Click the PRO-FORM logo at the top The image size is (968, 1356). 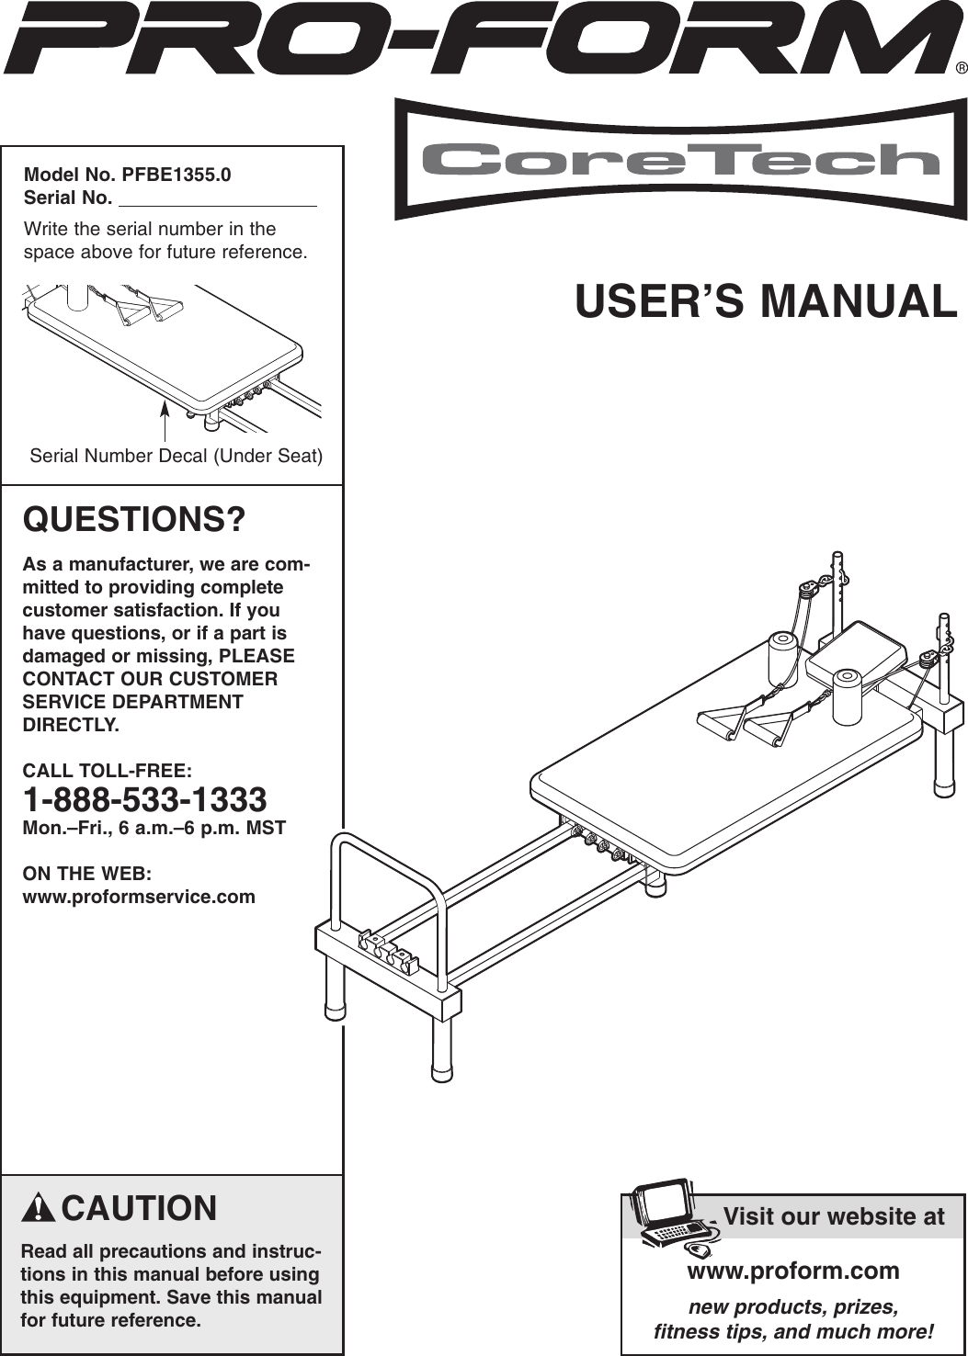coord(478,39)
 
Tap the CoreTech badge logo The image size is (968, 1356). coord(680,160)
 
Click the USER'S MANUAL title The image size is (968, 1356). coord(766,301)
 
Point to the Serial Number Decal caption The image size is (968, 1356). coord(176,456)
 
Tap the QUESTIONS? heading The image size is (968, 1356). coord(134,519)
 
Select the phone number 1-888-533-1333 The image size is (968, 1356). coord(144,799)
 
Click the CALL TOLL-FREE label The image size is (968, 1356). coord(107,770)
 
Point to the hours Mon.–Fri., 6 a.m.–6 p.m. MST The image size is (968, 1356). coord(154,828)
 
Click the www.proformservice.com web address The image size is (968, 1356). coord(139,897)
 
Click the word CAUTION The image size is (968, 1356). coord(139,1208)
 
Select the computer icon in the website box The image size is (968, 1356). coord(671,1215)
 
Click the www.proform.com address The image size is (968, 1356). coord(792,1271)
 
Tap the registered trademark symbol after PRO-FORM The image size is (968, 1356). coord(960,68)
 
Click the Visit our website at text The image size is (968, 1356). coord(833,1216)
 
